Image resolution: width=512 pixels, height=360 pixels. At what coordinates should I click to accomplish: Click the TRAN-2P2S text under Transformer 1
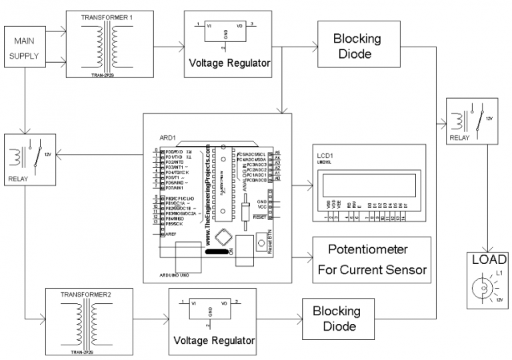pos(102,75)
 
